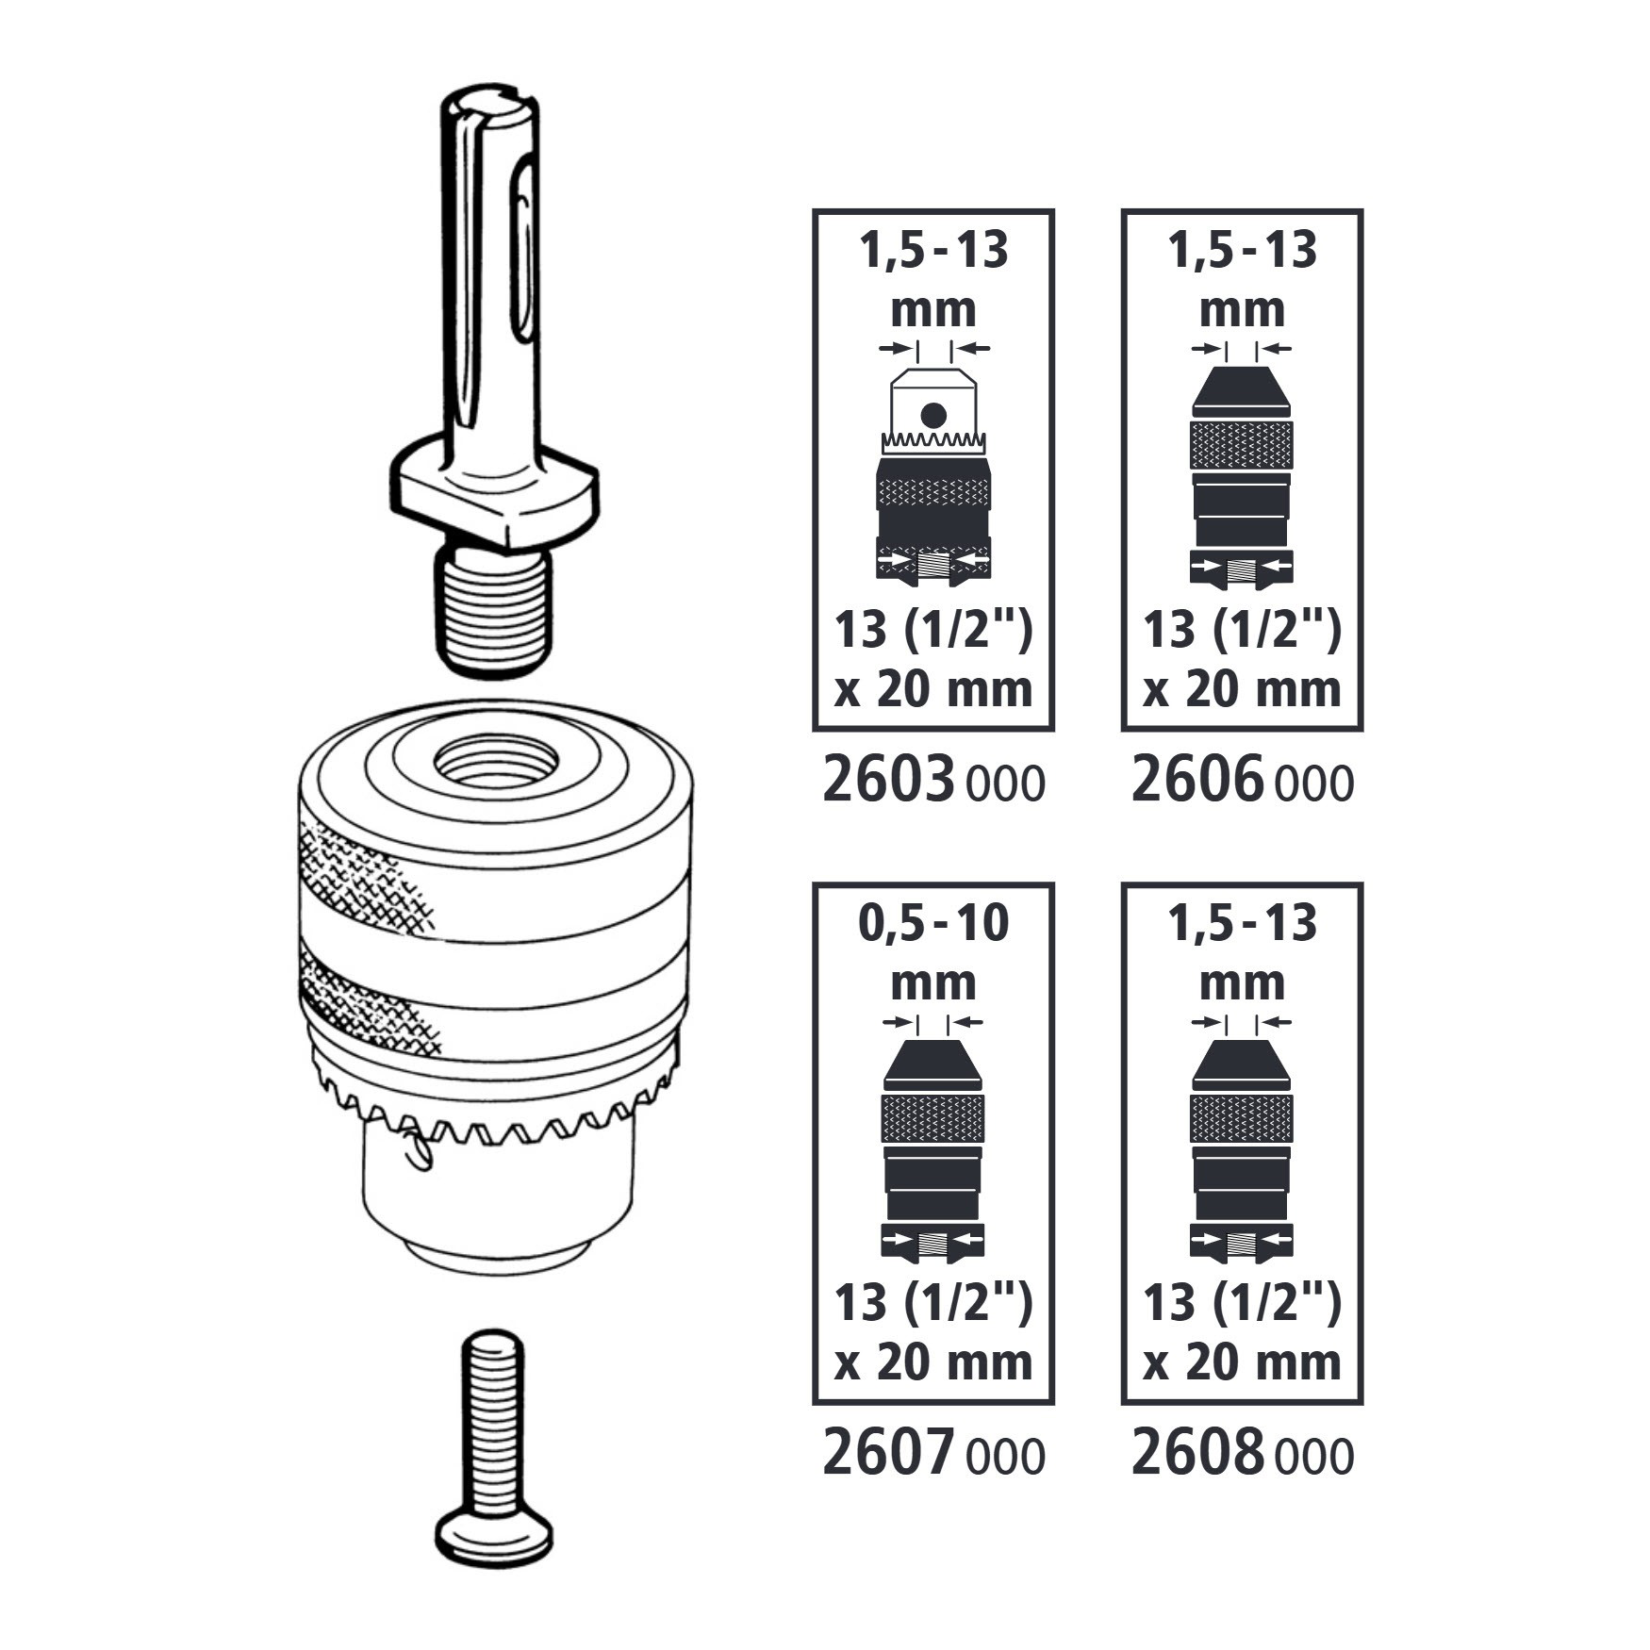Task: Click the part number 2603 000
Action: click(933, 783)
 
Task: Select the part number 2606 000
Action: click(1242, 783)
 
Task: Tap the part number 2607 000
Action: click(933, 1455)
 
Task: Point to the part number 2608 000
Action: click(1242, 1455)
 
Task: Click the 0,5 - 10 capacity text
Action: click(933, 923)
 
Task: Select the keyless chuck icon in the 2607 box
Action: click(933, 1150)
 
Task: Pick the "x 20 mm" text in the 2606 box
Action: click(1242, 689)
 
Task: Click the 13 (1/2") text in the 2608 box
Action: click(1242, 1303)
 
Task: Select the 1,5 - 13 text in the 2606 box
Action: click(1242, 251)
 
